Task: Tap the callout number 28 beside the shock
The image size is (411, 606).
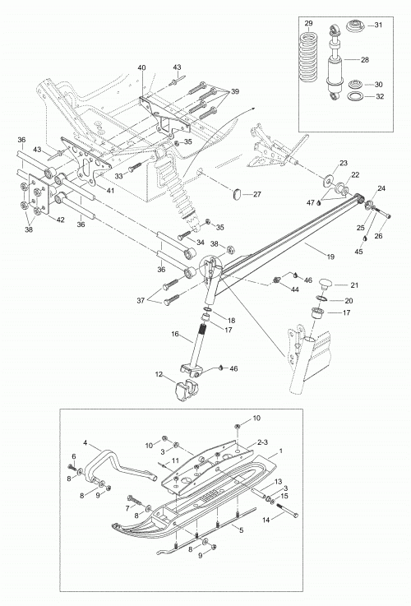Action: coord(365,60)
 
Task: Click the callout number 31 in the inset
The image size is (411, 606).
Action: coord(378,25)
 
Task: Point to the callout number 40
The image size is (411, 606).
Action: coord(141,67)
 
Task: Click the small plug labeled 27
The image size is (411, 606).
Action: coord(238,193)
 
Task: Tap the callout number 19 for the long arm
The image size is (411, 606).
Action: coord(330,257)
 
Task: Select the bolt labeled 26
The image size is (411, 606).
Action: coord(383,213)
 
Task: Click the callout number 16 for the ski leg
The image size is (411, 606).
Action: coord(175,334)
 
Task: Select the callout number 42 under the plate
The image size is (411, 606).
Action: coord(61,220)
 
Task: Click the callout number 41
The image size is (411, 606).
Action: coord(110,191)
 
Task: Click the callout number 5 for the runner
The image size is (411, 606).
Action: coord(242,530)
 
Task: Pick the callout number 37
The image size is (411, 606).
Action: coord(141,300)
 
